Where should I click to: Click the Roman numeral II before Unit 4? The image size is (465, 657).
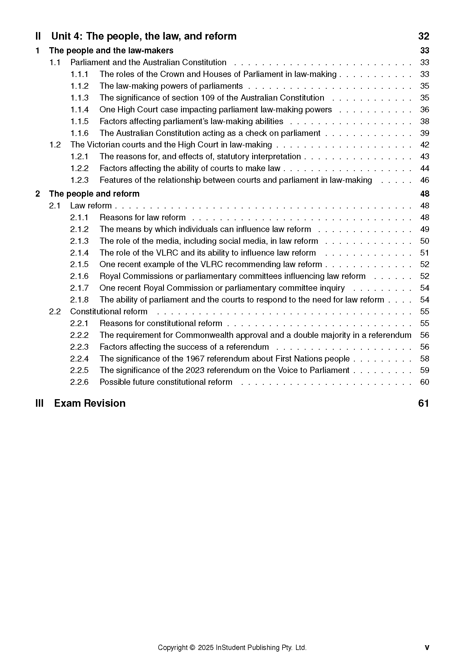(38, 36)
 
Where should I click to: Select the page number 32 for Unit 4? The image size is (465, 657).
(423, 36)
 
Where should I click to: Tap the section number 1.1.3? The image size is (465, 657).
(79, 98)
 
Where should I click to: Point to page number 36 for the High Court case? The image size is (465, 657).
(424, 110)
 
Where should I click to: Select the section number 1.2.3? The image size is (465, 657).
(79, 180)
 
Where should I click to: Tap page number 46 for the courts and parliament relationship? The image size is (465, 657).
(424, 180)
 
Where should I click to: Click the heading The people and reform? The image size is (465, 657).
(94, 194)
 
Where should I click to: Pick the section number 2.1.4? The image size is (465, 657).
(79, 253)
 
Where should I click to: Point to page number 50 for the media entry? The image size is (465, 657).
(424, 241)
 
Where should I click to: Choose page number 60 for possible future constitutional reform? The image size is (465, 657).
(424, 382)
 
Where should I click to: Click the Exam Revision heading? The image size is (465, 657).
(90, 403)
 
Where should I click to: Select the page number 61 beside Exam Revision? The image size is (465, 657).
(423, 403)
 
